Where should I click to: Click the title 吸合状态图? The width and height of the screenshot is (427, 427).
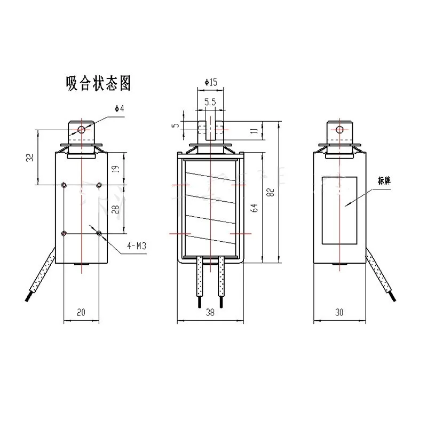[98, 84]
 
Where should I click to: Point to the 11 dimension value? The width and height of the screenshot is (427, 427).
[255, 130]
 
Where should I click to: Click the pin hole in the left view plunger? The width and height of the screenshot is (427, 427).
[81, 129]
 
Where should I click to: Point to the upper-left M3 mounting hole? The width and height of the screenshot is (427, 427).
[64, 185]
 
